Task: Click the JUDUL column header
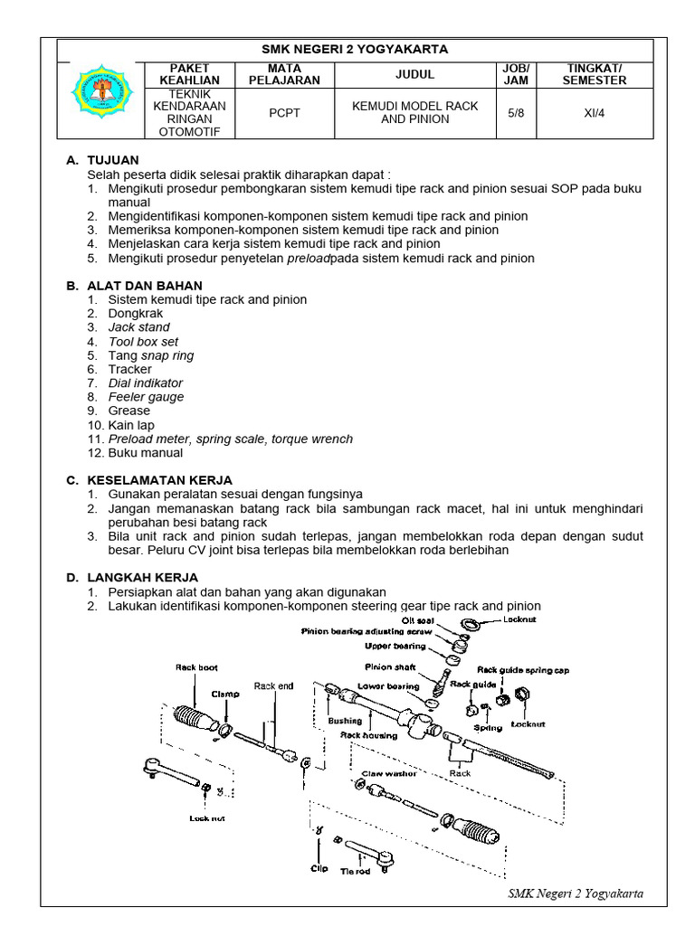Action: point(414,73)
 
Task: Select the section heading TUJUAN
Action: point(112,160)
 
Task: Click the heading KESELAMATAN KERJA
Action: point(159,479)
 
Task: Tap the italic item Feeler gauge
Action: point(146,397)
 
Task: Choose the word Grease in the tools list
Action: point(129,411)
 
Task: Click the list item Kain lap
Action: point(132,425)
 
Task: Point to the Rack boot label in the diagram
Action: point(196,668)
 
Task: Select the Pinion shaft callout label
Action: point(391,667)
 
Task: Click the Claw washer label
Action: point(389,774)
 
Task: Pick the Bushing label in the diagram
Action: point(346,721)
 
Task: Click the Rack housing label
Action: point(368,735)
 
